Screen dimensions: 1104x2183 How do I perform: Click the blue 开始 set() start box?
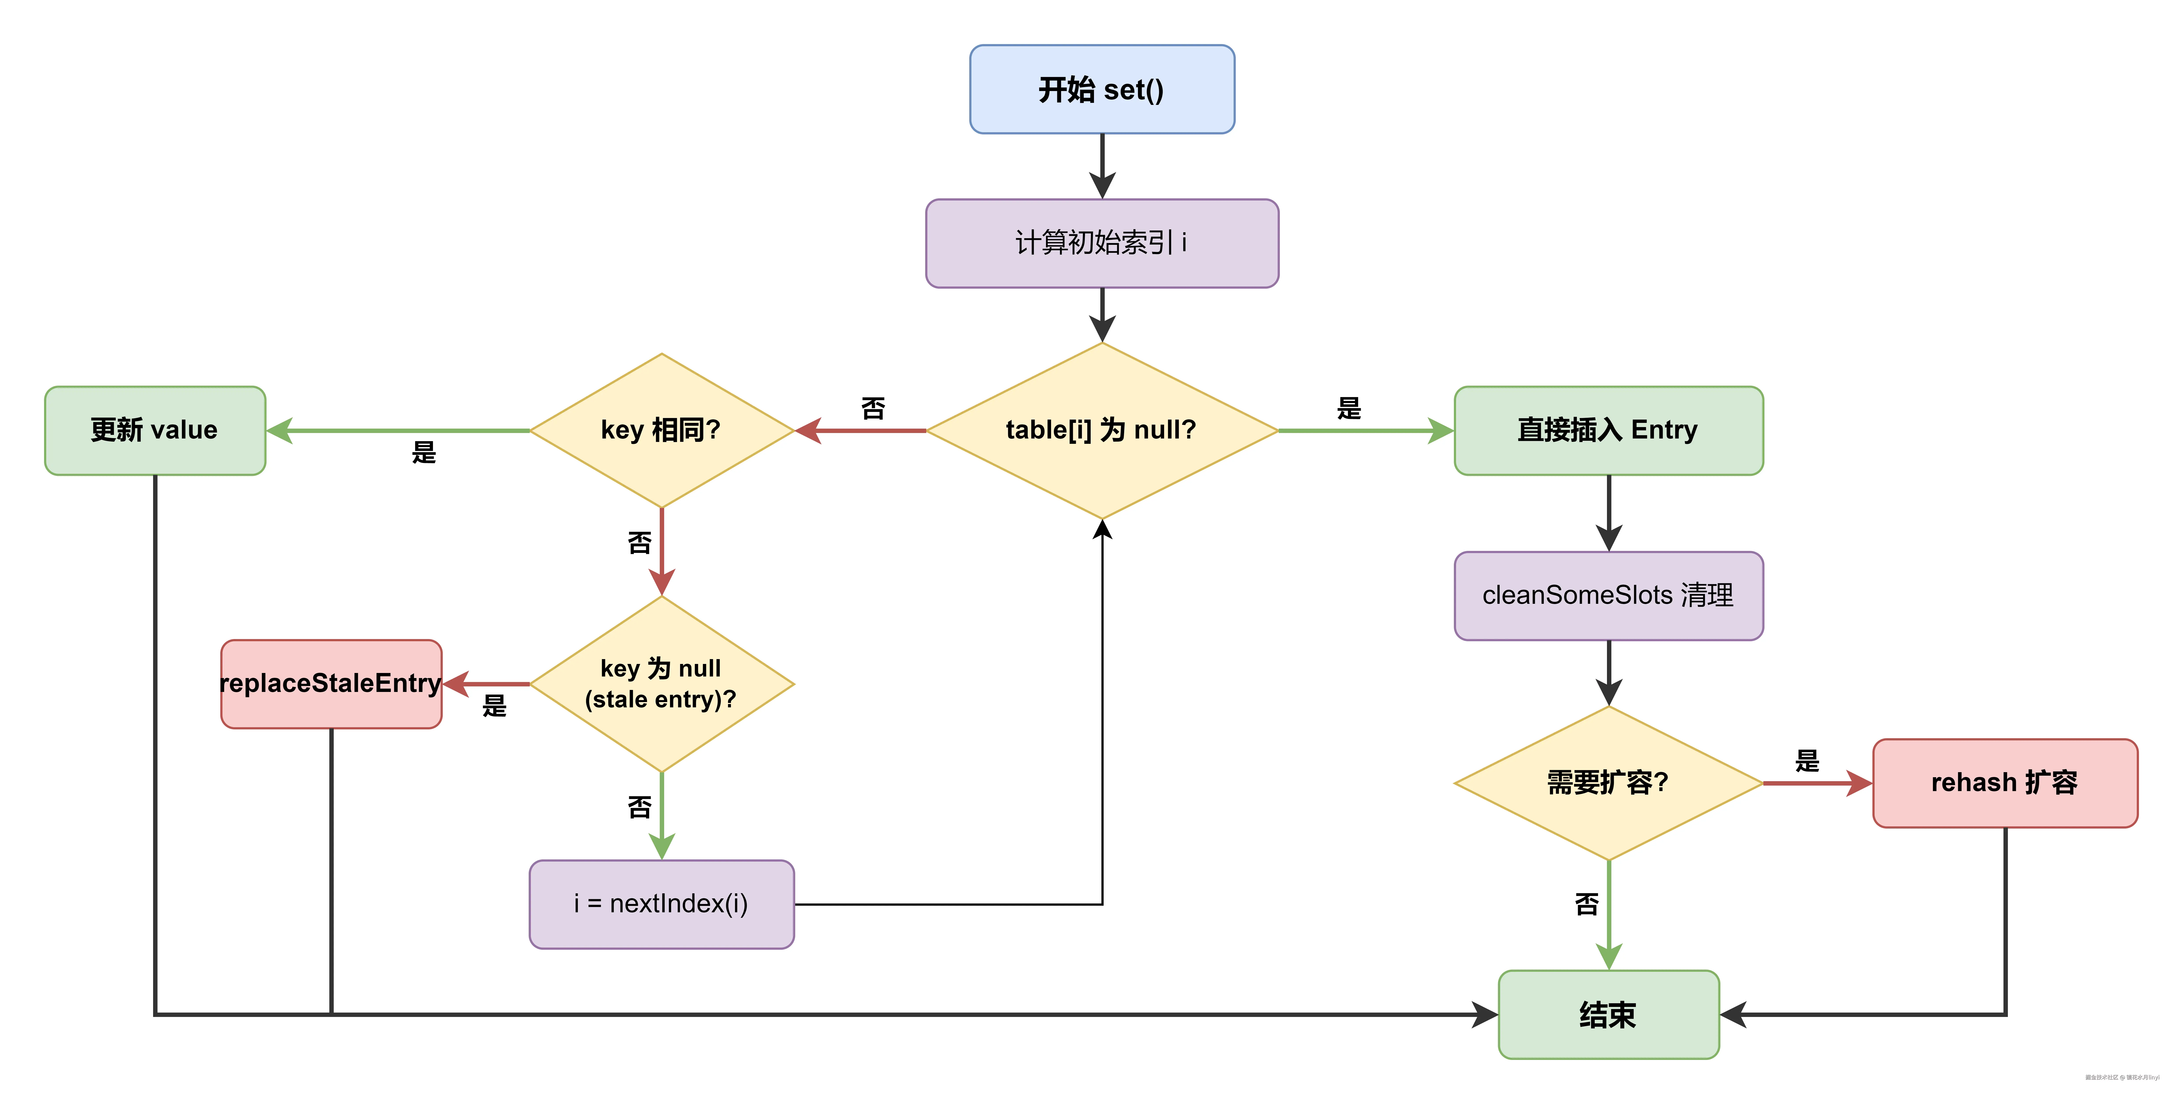(x=1102, y=89)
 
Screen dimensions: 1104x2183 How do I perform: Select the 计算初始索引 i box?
(x=1102, y=243)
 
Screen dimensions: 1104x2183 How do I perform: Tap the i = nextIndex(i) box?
(x=661, y=904)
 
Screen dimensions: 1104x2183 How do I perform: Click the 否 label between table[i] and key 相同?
(x=873, y=409)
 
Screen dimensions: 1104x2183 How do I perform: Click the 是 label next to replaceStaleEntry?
(x=494, y=705)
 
